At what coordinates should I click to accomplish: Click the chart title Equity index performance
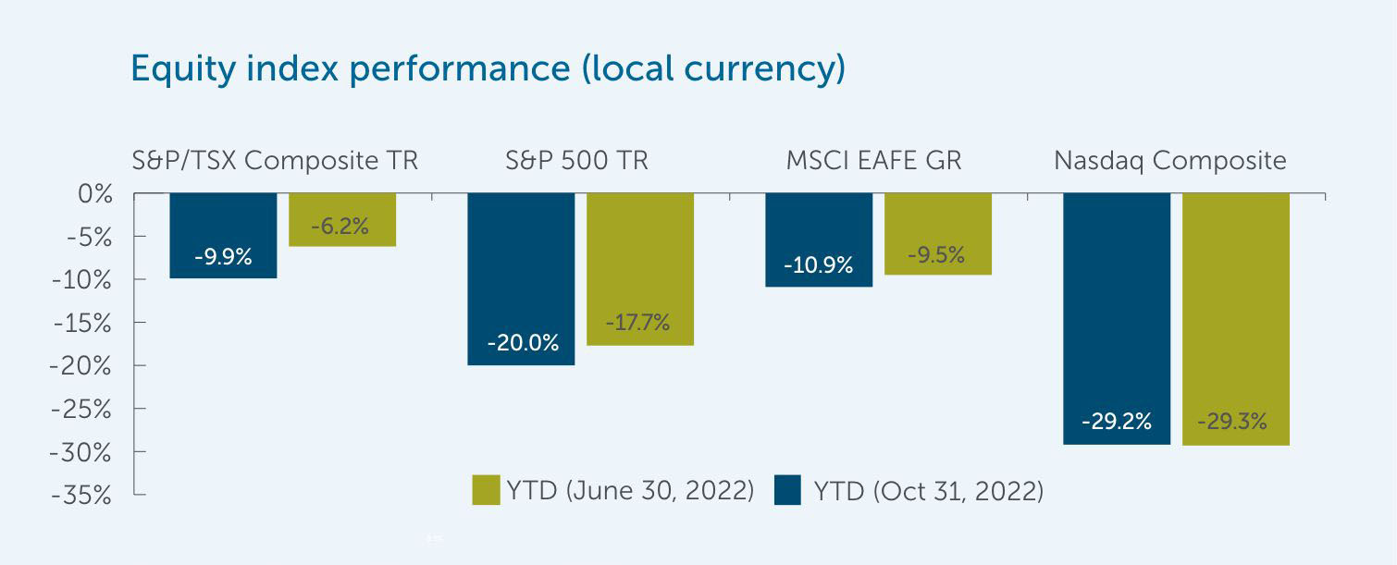point(488,69)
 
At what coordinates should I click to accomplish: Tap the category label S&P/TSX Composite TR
point(276,161)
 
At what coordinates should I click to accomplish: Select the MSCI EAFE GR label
point(873,161)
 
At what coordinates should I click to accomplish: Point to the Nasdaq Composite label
point(1170,161)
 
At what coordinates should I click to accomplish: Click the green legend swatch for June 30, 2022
point(486,490)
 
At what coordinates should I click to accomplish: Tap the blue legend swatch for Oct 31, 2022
point(787,490)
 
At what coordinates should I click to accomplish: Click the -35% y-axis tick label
point(81,496)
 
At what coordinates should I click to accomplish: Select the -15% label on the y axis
point(81,324)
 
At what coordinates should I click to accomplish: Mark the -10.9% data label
point(819,266)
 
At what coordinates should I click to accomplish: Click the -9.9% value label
point(223,258)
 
